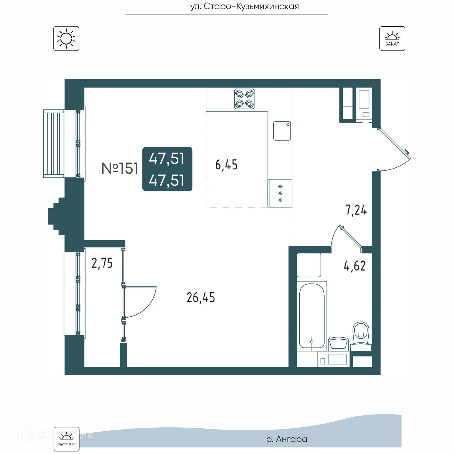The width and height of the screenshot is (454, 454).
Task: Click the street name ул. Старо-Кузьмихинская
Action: pyautogui.click(x=245, y=6)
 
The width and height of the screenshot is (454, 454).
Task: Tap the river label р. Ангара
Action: pyautogui.click(x=287, y=439)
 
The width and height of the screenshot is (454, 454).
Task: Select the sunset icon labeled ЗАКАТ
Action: pyautogui.click(x=392, y=39)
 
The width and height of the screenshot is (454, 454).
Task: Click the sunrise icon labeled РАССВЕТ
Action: pyautogui.click(x=66, y=439)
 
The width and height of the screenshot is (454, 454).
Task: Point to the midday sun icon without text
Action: pyautogui.click(x=66, y=39)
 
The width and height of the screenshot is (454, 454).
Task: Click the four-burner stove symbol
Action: pyautogui.click(x=244, y=99)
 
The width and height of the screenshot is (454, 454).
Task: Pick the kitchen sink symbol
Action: pyautogui.click(x=282, y=131)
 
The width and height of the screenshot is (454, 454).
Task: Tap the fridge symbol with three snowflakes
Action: pyautogui.click(x=280, y=193)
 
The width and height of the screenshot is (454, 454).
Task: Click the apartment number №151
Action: pyautogui.click(x=120, y=168)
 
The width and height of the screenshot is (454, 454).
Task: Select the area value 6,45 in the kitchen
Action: pyautogui.click(x=226, y=165)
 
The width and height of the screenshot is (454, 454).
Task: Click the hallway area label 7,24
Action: pyautogui.click(x=356, y=210)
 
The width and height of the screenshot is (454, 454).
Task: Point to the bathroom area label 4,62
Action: pyautogui.click(x=354, y=266)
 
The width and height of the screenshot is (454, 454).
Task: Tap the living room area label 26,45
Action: pyautogui.click(x=201, y=298)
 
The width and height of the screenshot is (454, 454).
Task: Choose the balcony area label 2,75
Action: pyautogui.click(x=102, y=263)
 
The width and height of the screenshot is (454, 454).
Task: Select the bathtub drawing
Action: pyautogui.click(x=312, y=315)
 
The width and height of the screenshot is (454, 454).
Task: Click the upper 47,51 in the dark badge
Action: pyautogui.click(x=167, y=158)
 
